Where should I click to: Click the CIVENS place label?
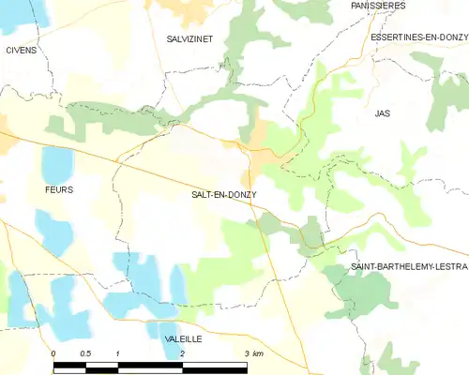[x=21, y=50]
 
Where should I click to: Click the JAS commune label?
[x=382, y=112]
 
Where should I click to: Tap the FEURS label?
[x=57, y=189]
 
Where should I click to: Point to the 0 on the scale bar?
[x=53, y=353]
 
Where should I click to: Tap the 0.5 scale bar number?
[x=85, y=353]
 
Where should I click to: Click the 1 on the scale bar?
[x=118, y=353]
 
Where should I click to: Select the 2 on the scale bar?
[x=182, y=353]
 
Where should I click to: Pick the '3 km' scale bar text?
[x=253, y=353]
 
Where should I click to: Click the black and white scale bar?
[x=150, y=363]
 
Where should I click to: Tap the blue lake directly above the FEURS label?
[x=57, y=164]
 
